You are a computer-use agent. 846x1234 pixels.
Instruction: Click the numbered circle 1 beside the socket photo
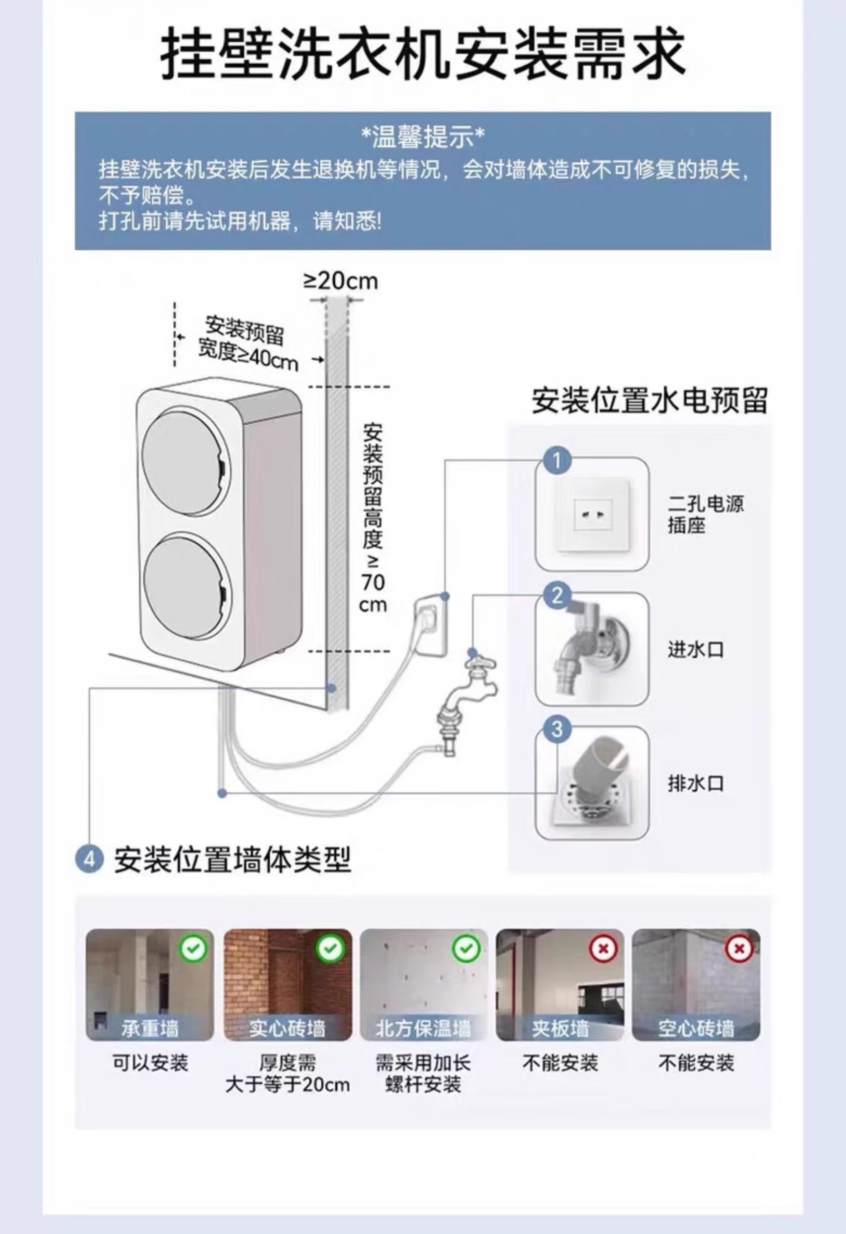(x=557, y=460)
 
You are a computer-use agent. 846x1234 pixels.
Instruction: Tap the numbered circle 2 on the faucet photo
(x=557, y=596)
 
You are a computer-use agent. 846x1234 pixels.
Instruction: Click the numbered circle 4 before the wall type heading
(x=89, y=859)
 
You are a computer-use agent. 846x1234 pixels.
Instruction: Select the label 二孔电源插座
(x=705, y=514)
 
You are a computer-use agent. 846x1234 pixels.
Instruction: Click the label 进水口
(x=695, y=649)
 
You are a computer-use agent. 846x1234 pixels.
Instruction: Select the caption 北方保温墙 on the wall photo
(x=423, y=1029)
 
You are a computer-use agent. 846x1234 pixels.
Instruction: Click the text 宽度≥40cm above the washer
(x=248, y=357)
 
